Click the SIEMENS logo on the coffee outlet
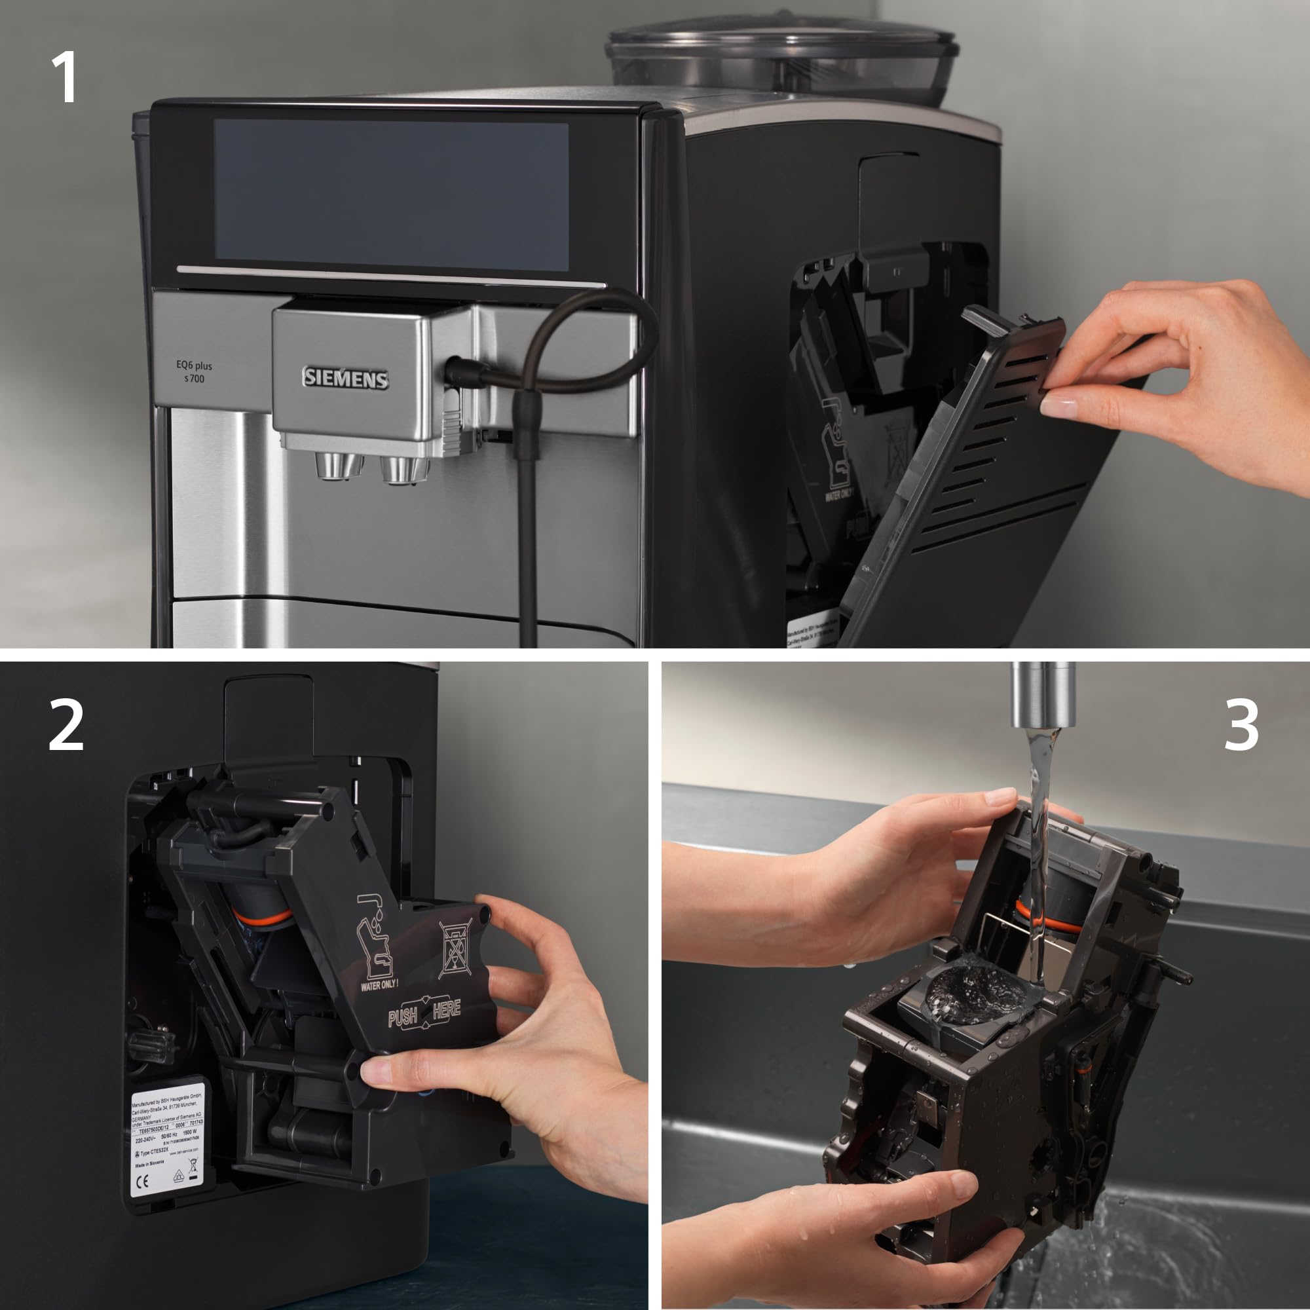[345, 379]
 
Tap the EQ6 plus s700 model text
[194, 371]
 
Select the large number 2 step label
[65, 726]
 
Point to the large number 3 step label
[1241, 726]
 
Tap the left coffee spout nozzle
[338, 466]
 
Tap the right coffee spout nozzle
[404, 468]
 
